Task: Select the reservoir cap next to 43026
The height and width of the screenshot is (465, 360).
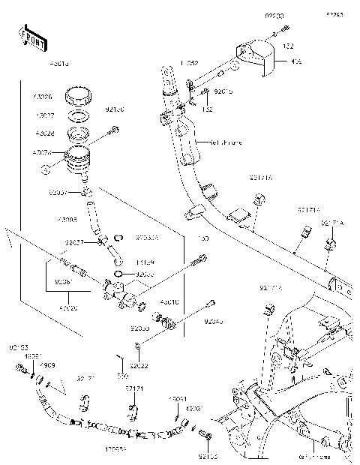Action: click(77, 97)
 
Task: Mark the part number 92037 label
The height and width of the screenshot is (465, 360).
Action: click(58, 193)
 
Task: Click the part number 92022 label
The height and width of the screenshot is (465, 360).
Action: click(139, 365)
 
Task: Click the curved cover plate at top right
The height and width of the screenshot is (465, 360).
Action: click(259, 58)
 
